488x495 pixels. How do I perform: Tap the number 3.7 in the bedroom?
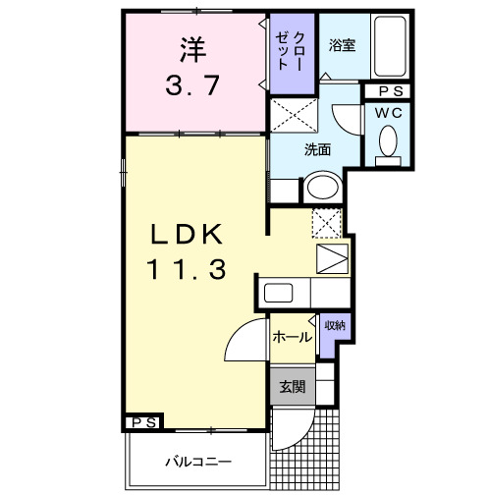tap(193, 86)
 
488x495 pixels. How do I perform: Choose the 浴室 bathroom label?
tap(343, 44)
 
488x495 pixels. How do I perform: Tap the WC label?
tap(387, 113)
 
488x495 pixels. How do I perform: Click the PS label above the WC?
tap(387, 91)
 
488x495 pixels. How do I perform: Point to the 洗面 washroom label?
tap(316, 150)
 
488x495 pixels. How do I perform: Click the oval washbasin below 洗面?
tap(320, 187)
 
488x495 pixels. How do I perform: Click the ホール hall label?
tap(292, 337)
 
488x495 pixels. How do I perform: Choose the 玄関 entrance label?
tap(292, 386)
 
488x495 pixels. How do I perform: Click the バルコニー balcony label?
tap(196, 460)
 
